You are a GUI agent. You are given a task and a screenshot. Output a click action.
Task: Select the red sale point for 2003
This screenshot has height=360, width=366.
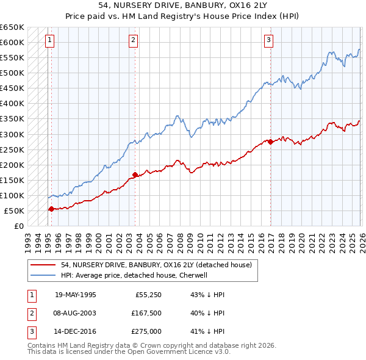[x=135, y=175]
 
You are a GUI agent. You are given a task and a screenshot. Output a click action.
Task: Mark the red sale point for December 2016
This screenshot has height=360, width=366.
[x=270, y=142]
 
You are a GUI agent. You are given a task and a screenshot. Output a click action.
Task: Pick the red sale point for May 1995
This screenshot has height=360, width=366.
[x=51, y=209]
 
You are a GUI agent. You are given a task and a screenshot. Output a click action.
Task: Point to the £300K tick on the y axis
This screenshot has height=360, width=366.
[x=13, y=134]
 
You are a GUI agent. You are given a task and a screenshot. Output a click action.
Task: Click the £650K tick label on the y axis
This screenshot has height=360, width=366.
[x=13, y=27]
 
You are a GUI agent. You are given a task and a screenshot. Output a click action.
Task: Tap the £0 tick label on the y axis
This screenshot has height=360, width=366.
[x=19, y=226]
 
